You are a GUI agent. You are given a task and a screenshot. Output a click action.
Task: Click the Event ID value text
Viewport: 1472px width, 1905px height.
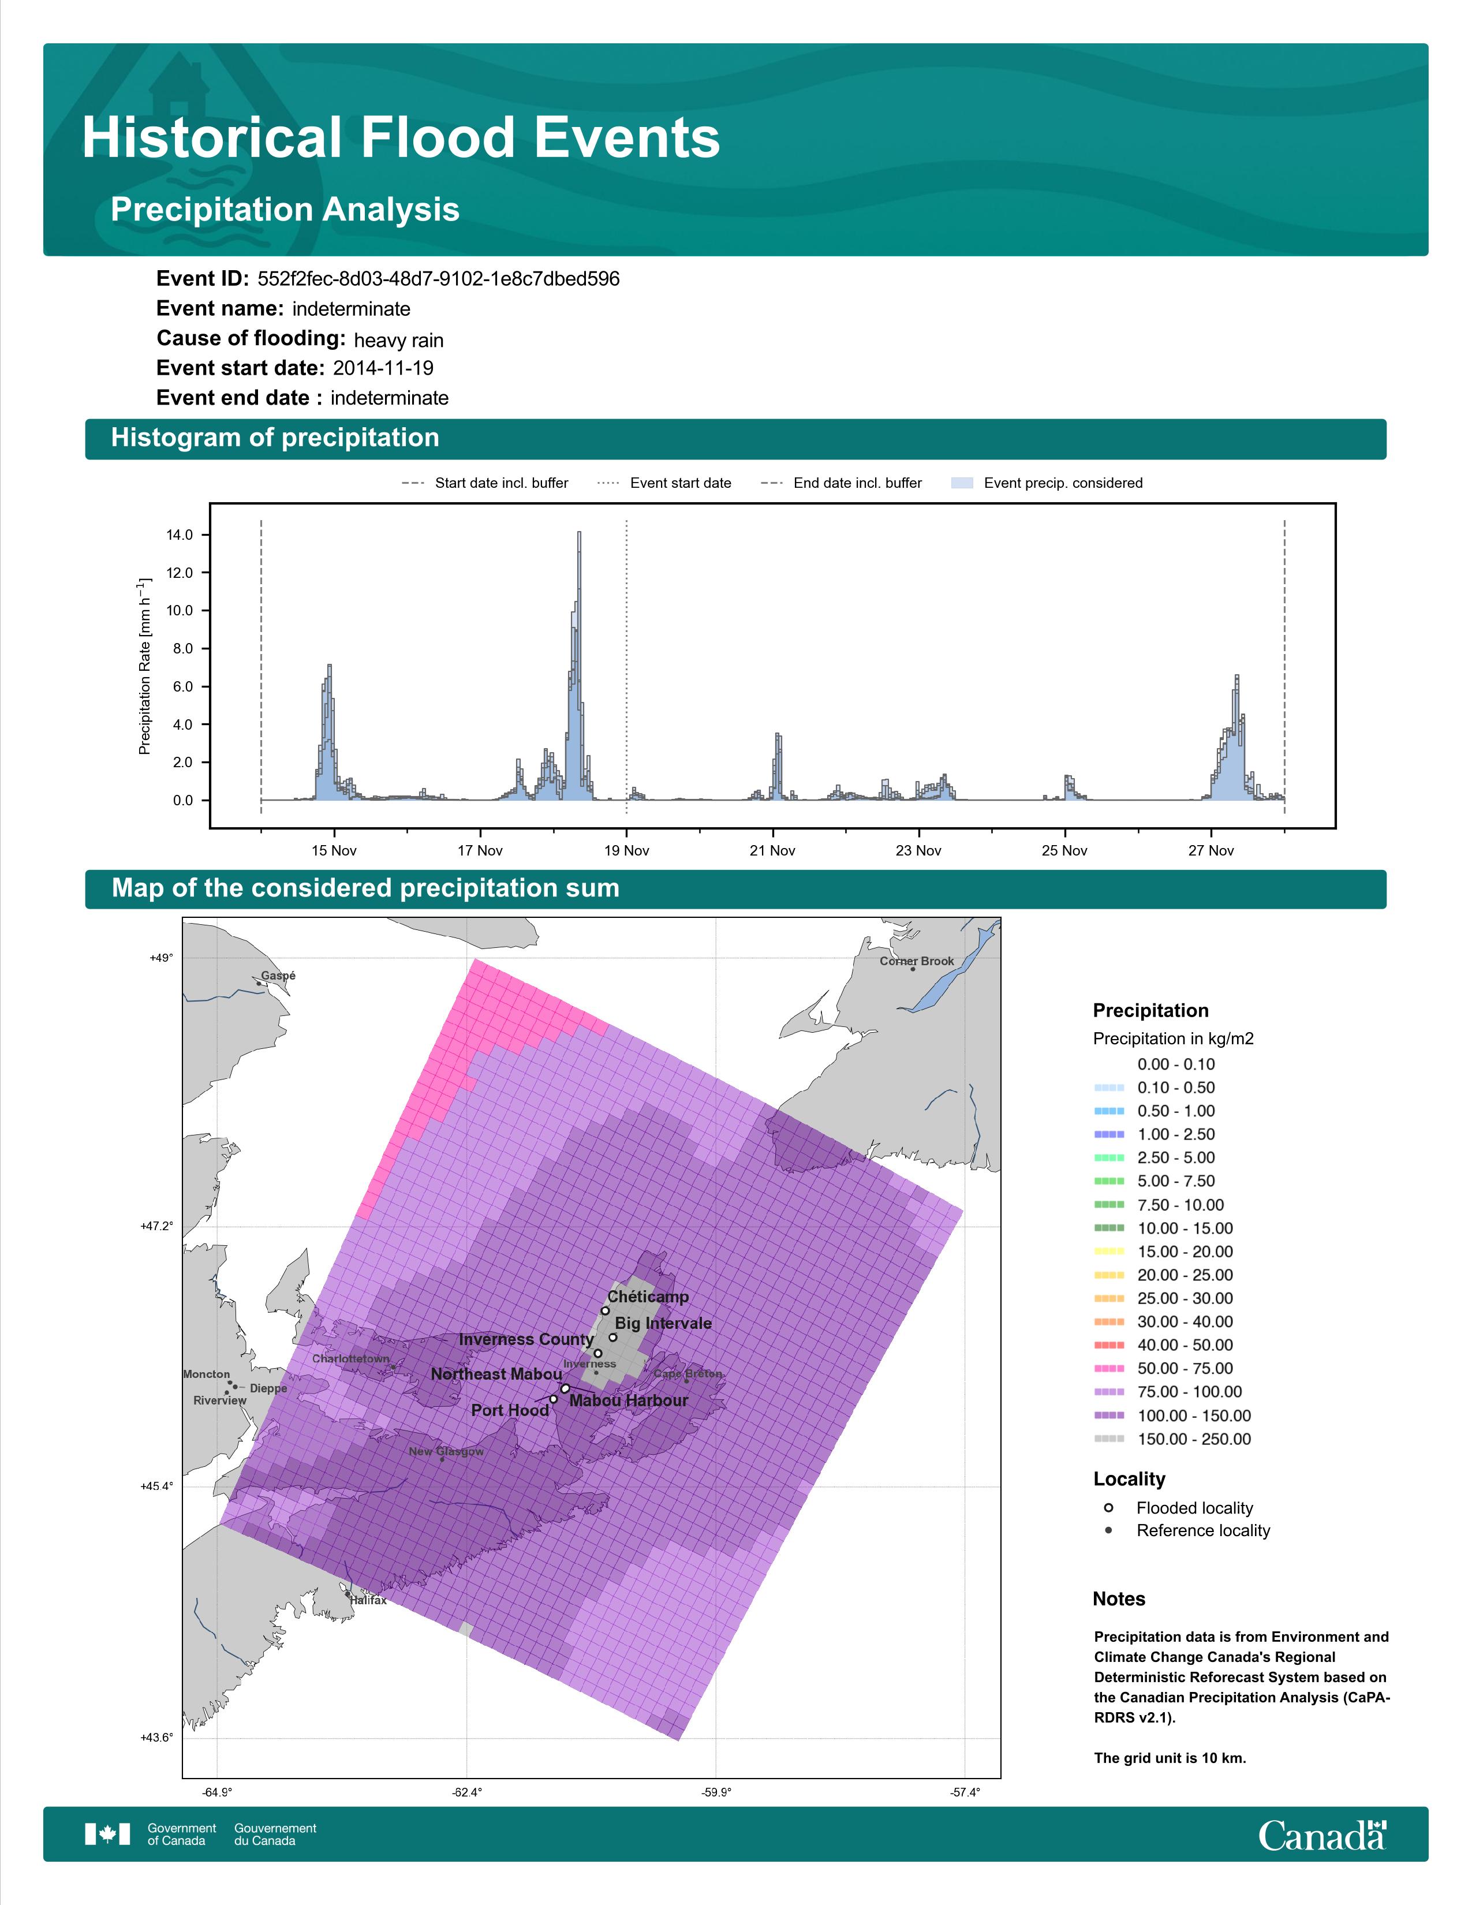coord(439,279)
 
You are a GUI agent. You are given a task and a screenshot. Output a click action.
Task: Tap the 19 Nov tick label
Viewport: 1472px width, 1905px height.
coord(626,850)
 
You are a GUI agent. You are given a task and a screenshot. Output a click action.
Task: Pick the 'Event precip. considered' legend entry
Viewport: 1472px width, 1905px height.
coord(1047,483)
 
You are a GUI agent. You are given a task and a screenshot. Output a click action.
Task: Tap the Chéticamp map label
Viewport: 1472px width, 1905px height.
coord(648,1297)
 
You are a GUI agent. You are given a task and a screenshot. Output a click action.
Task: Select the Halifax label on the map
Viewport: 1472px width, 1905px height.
coord(368,1601)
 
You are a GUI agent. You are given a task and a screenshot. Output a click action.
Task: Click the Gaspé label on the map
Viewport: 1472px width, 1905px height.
coord(278,976)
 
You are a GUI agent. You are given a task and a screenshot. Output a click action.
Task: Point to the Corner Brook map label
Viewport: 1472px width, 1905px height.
coord(917,961)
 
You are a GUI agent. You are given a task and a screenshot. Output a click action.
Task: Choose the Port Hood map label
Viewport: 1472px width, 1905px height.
coord(510,1410)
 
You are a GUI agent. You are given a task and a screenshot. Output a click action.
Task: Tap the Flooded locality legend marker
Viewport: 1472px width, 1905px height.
coord(1108,1508)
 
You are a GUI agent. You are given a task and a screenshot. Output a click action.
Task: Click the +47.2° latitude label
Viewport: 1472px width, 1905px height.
coord(157,1226)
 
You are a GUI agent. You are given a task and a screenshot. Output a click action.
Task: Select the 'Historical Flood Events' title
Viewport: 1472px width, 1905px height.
coord(401,138)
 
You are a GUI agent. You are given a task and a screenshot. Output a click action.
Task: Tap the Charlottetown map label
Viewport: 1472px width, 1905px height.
coord(352,1359)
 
